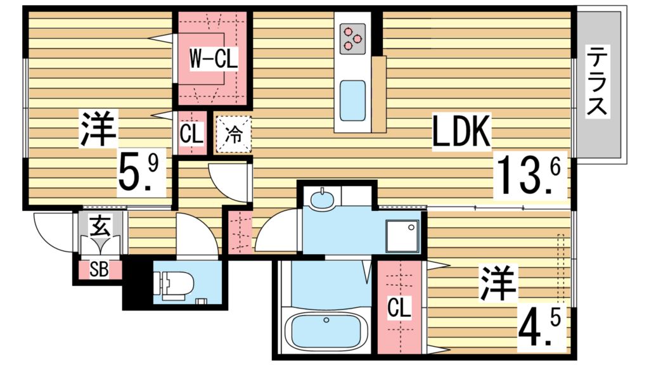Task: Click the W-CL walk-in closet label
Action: (214, 61)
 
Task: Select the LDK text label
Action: (462, 133)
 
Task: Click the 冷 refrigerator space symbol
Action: (233, 134)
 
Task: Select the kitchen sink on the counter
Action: (352, 100)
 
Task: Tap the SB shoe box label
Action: (99, 270)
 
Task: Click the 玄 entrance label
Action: (100, 226)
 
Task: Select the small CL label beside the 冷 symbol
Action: (191, 134)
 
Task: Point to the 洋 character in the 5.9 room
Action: (98, 129)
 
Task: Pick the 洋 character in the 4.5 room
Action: (498, 285)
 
